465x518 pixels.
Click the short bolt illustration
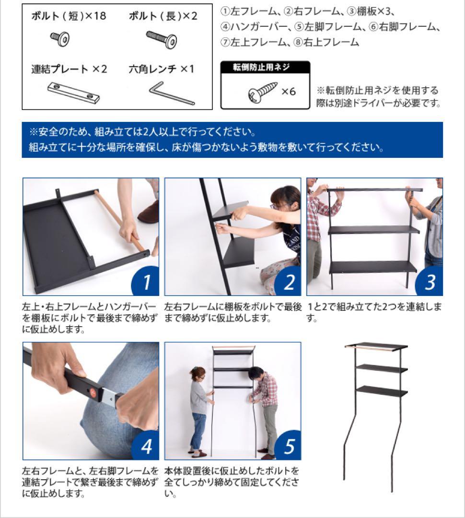[60, 38]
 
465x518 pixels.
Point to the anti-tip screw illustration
[262, 91]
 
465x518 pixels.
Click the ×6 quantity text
[288, 91]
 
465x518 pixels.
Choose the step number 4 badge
[145, 446]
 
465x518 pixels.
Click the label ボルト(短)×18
[69, 16]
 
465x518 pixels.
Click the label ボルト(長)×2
[163, 16]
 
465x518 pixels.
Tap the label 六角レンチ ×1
[162, 69]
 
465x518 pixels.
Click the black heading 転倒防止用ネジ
[265, 67]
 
